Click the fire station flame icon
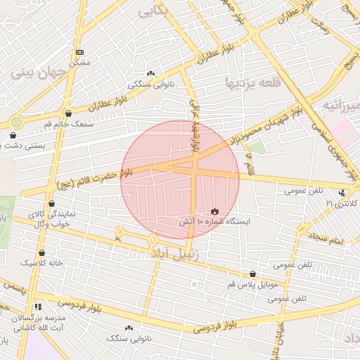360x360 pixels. coord(214,210)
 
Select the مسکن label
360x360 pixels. coord(80,63)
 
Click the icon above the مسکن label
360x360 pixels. coord(79,52)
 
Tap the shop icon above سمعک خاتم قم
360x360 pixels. coord(68,113)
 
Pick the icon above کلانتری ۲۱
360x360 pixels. coord(342,193)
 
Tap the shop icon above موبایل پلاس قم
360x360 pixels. coord(253,274)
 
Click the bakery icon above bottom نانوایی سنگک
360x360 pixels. coord(129,328)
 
